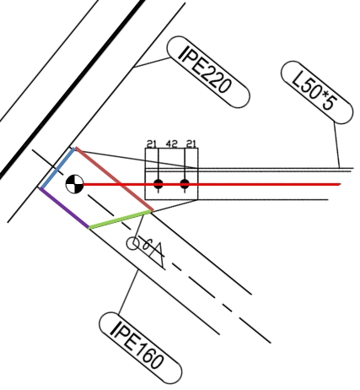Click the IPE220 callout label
pos(208,72)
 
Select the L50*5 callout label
pos(317,92)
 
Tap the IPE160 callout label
pos(141,348)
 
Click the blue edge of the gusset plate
pos(57,168)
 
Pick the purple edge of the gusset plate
pos(64,208)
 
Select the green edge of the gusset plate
pos(121,219)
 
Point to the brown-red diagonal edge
pos(115,179)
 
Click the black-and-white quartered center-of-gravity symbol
pos(74,184)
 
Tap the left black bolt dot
pos(159,184)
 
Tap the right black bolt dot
pos(185,184)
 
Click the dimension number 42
pos(171,144)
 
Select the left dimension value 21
pos(152,144)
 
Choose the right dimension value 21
pos(191,144)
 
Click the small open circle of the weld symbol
pos(132,244)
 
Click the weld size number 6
pos(146,244)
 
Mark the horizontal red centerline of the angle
pos(212,184)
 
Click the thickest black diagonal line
pos(72,89)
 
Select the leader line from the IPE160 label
pos(128,291)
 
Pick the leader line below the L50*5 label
pos(336,145)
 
